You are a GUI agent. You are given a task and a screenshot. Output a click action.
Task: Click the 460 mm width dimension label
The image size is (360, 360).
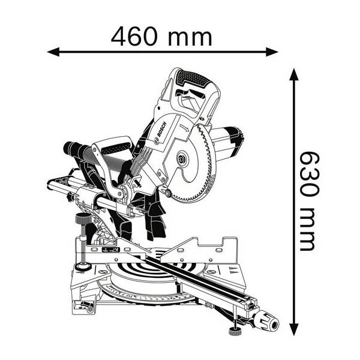click(x=161, y=37)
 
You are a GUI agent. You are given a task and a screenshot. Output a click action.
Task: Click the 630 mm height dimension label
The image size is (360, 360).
click(x=310, y=201)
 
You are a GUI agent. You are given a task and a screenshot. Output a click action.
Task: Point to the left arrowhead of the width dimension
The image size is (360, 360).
click(x=53, y=52)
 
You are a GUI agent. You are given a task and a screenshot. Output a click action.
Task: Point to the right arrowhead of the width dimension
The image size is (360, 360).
click(x=272, y=52)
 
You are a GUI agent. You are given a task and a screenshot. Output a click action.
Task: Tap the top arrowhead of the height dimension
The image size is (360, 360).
click(x=294, y=74)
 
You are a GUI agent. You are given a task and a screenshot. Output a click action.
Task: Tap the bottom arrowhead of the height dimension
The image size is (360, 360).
click(x=294, y=329)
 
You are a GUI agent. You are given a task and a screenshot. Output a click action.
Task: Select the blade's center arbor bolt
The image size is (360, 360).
click(x=182, y=158)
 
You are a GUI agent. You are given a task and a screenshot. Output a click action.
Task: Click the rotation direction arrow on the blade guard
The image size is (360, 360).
click(x=185, y=127)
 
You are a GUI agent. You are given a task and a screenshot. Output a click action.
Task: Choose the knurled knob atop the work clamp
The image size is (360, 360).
click(x=83, y=218)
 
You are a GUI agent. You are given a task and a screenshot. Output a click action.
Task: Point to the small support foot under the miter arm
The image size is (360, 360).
click(x=235, y=332)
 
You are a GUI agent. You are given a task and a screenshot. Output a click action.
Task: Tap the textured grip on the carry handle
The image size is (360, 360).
click(x=115, y=148)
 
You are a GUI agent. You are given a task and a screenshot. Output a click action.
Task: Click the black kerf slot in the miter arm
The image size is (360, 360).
click(x=195, y=278)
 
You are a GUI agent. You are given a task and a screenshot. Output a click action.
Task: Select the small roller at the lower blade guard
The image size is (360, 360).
click(x=168, y=193)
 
